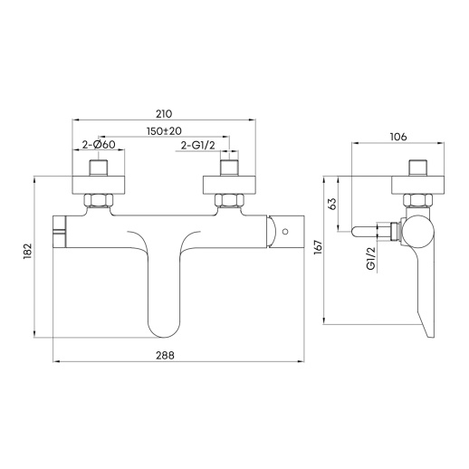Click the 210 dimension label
(x=164, y=114)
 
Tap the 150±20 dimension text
(x=164, y=131)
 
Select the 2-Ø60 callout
(x=99, y=145)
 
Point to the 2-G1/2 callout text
(x=198, y=145)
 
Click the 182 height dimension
(x=27, y=251)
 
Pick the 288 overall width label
(x=165, y=355)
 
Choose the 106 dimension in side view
(x=398, y=137)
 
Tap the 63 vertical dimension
(x=331, y=204)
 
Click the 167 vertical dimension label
(x=318, y=247)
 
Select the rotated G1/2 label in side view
(x=370, y=258)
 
